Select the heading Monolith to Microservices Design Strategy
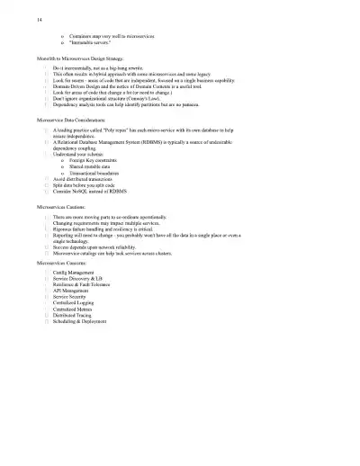pyautogui.click(x=86, y=58)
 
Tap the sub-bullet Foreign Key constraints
pyautogui.click(x=100, y=160)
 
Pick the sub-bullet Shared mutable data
pyautogui.click(x=95, y=166)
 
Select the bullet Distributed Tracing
pyautogui.click(x=78, y=315)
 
